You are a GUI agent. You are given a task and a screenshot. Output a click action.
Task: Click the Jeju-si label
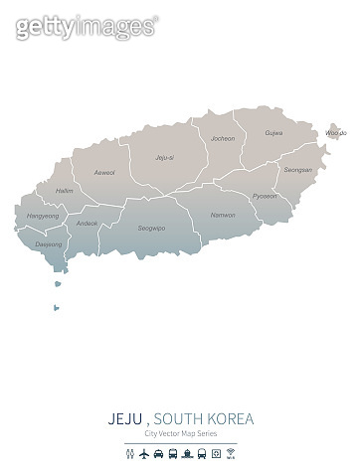pyautogui.click(x=164, y=157)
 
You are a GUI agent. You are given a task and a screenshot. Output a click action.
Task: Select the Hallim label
pyautogui.click(x=65, y=190)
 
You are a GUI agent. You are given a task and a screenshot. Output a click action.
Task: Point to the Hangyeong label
pyautogui.click(x=42, y=215)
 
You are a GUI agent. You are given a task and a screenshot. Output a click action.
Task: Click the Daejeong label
pyautogui.click(x=48, y=242)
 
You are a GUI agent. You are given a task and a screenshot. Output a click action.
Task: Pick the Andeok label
pyautogui.click(x=87, y=224)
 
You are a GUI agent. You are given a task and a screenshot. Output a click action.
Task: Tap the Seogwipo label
pyautogui.click(x=151, y=228)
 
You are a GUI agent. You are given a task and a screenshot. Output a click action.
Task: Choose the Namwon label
pyautogui.click(x=223, y=215)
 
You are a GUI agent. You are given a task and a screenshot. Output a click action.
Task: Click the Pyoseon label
pyautogui.click(x=265, y=196)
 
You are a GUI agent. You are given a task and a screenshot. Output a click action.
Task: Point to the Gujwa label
pyautogui.click(x=273, y=132)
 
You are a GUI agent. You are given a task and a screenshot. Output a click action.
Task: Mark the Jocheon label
pyautogui.click(x=223, y=138)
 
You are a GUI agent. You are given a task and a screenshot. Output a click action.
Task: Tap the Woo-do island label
pyautogui.click(x=335, y=132)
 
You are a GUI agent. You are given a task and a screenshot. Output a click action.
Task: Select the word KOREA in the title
pyautogui.click(x=232, y=419)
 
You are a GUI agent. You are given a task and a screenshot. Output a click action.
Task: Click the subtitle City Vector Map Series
pyautogui.click(x=180, y=435)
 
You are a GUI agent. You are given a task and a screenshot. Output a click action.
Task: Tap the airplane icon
pyautogui.click(x=147, y=454)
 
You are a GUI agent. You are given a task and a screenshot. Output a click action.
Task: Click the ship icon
pyautogui.click(x=186, y=454)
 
